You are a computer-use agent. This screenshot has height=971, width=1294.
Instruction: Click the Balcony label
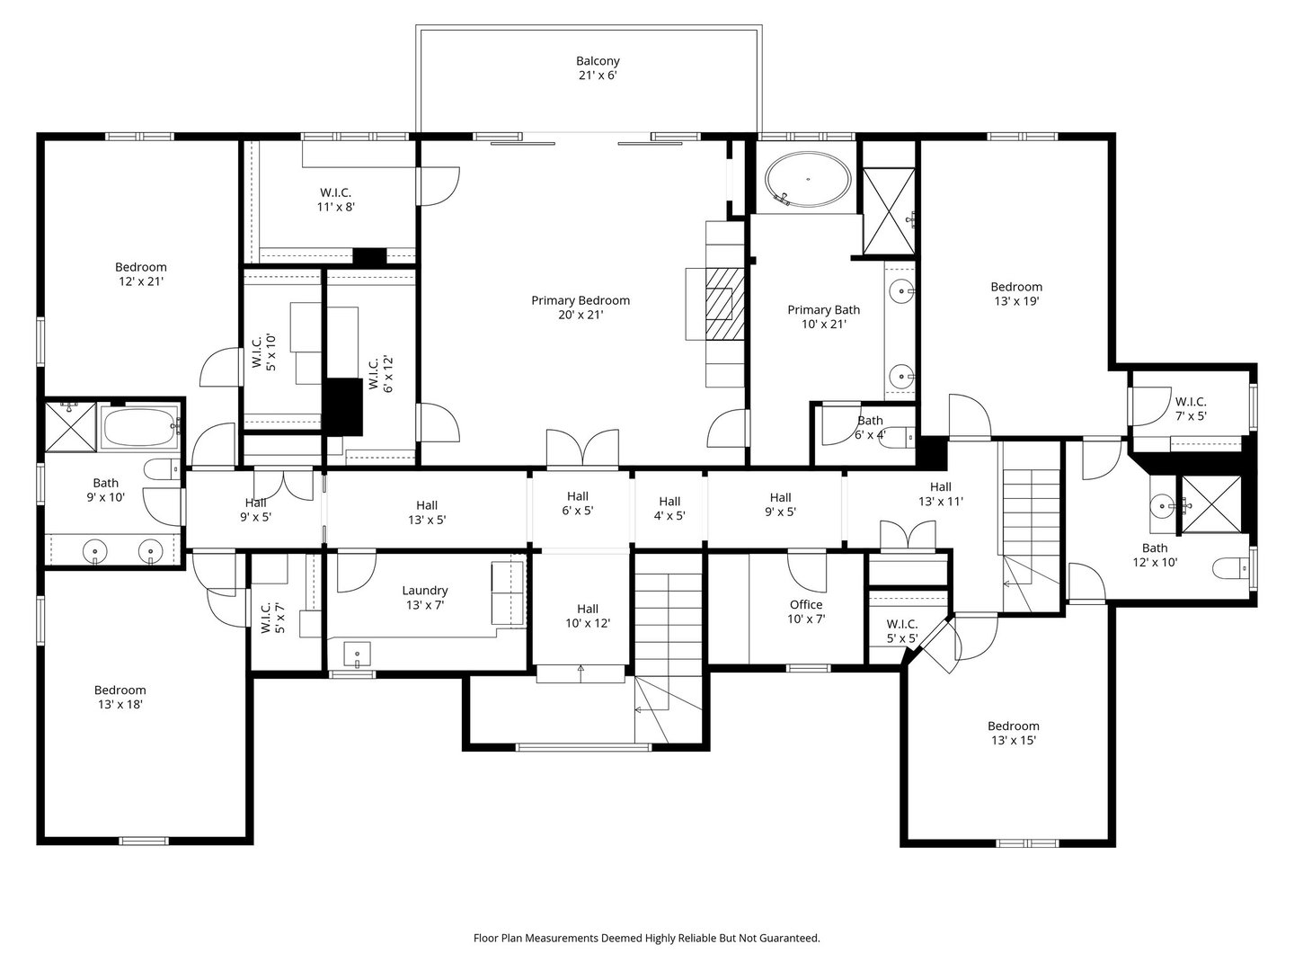[598, 67]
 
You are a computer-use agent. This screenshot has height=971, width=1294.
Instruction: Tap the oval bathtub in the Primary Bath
[808, 180]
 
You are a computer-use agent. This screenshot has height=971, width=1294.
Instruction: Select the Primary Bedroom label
[581, 307]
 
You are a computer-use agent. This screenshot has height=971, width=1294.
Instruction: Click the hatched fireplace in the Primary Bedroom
[724, 304]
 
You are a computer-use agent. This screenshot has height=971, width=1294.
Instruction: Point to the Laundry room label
[424, 597]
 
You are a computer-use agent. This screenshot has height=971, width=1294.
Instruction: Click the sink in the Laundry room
[358, 655]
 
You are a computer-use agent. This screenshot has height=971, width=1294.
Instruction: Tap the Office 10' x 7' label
[806, 611]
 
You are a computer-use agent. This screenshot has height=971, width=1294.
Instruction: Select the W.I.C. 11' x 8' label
[335, 200]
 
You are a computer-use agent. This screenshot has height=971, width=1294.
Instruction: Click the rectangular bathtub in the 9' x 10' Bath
[140, 427]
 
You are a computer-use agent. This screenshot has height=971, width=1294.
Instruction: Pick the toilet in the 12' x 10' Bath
[1229, 568]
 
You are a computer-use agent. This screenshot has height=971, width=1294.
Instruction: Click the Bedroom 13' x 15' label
[1014, 733]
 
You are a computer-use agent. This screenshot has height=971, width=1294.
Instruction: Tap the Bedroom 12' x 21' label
[141, 274]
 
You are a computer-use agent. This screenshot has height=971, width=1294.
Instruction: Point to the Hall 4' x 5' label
[669, 508]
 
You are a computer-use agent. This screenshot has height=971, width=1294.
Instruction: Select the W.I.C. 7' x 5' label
[1191, 408]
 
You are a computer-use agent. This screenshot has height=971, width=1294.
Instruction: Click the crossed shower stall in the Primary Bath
[889, 211]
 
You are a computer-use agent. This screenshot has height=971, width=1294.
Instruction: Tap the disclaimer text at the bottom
[647, 938]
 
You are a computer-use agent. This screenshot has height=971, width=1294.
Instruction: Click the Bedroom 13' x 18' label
[120, 697]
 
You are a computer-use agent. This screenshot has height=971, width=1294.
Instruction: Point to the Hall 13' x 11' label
[940, 494]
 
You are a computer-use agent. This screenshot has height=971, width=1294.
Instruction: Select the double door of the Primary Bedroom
[582, 450]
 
